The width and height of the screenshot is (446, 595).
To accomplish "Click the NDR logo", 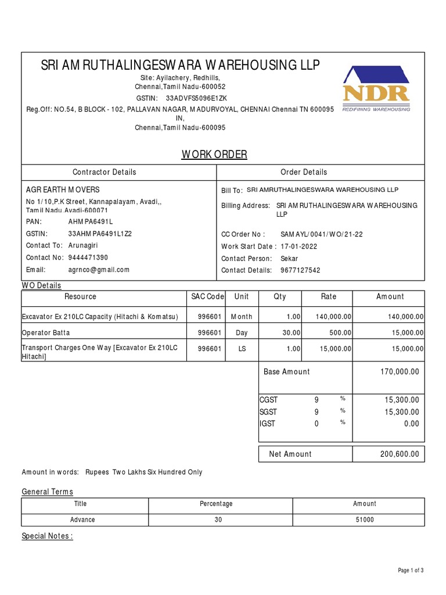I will [x=376, y=88].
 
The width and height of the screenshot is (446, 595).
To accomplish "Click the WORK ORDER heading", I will [x=214, y=155].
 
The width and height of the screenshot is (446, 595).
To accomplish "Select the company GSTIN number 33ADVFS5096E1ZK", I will [x=197, y=98].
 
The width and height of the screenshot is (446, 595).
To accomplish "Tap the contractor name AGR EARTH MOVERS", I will [x=63, y=190].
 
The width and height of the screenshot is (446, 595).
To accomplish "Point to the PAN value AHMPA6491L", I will [x=91, y=222].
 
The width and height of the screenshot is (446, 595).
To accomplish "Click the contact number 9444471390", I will [x=88, y=257].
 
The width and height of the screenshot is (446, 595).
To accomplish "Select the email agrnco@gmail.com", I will [x=99, y=270].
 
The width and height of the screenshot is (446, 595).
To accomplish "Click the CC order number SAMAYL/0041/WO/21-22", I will [x=321, y=234].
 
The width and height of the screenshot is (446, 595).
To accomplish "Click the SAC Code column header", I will [x=207, y=297].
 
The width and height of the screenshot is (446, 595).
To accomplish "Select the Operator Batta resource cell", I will [x=46, y=333].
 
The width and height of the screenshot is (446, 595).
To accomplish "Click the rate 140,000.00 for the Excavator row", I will [x=333, y=317].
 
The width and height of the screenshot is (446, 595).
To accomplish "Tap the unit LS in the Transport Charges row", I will [x=241, y=349].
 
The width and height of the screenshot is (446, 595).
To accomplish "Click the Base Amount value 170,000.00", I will [x=399, y=372].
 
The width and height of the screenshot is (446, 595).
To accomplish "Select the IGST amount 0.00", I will [x=411, y=424].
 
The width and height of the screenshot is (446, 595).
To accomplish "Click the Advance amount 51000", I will [x=365, y=520].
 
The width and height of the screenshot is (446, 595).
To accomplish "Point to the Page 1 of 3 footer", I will [x=410, y=571].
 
